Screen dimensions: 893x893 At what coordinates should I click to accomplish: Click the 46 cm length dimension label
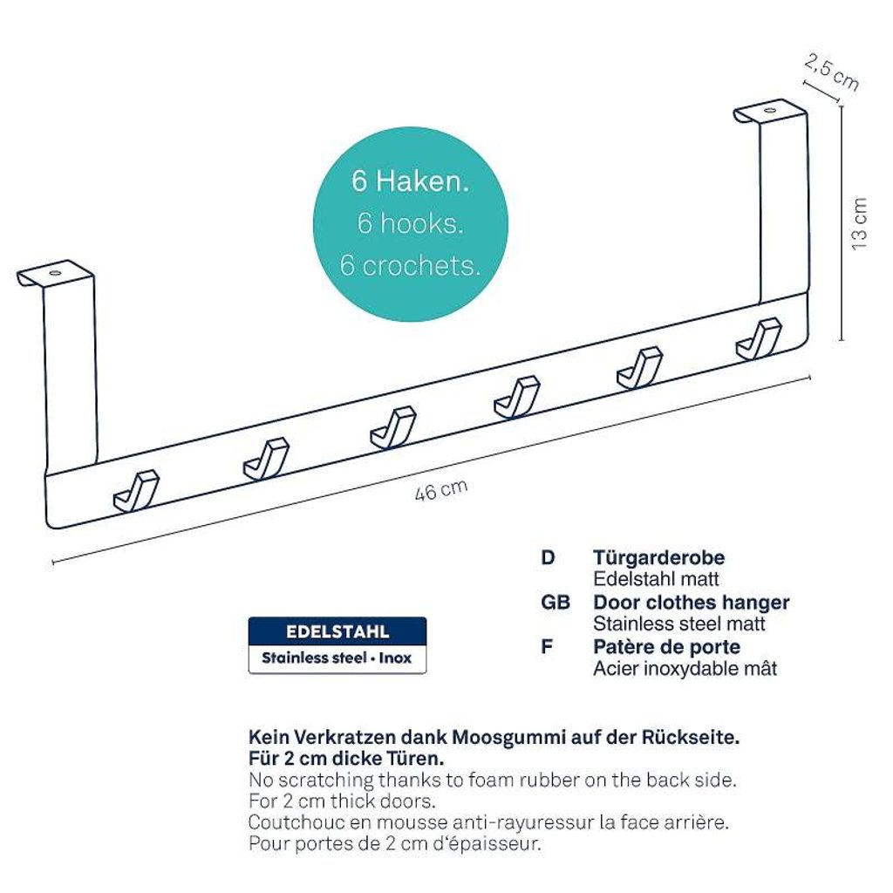click(x=441, y=490)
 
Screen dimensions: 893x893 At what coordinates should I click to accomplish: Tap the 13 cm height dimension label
click(x=859, y=223)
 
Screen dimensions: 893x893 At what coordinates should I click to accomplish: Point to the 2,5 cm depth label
click(x=831, y=72)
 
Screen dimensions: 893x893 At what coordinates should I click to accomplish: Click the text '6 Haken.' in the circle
click(x=410, y=181)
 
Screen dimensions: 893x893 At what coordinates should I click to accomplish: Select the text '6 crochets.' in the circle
click(x=410, y=265)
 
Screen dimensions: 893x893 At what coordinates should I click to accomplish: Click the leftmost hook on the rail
click(x=136, y=491)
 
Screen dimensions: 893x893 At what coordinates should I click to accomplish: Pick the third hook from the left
click(x=393, y=427)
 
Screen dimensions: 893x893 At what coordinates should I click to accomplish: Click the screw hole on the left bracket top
click(x=55, y=273)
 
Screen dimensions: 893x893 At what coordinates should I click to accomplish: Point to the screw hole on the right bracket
click(x=769, y=110)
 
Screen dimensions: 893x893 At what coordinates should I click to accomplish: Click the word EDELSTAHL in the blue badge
click(x=337, y=631)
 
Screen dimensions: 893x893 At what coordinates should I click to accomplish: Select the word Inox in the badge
click(x=395, y=658)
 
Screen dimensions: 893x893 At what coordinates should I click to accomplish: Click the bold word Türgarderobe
click(x=659, y=557)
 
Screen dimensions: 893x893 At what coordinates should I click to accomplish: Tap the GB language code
click(x=556, y=602)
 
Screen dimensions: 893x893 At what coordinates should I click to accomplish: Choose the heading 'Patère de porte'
click(x=667, y=647)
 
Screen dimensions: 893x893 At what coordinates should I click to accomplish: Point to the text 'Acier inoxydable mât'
click(x=685, y=669)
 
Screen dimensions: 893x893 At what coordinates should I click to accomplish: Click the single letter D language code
click(x=548, y=557)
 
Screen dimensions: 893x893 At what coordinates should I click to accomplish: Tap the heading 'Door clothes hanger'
click(x=692, y=602)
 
